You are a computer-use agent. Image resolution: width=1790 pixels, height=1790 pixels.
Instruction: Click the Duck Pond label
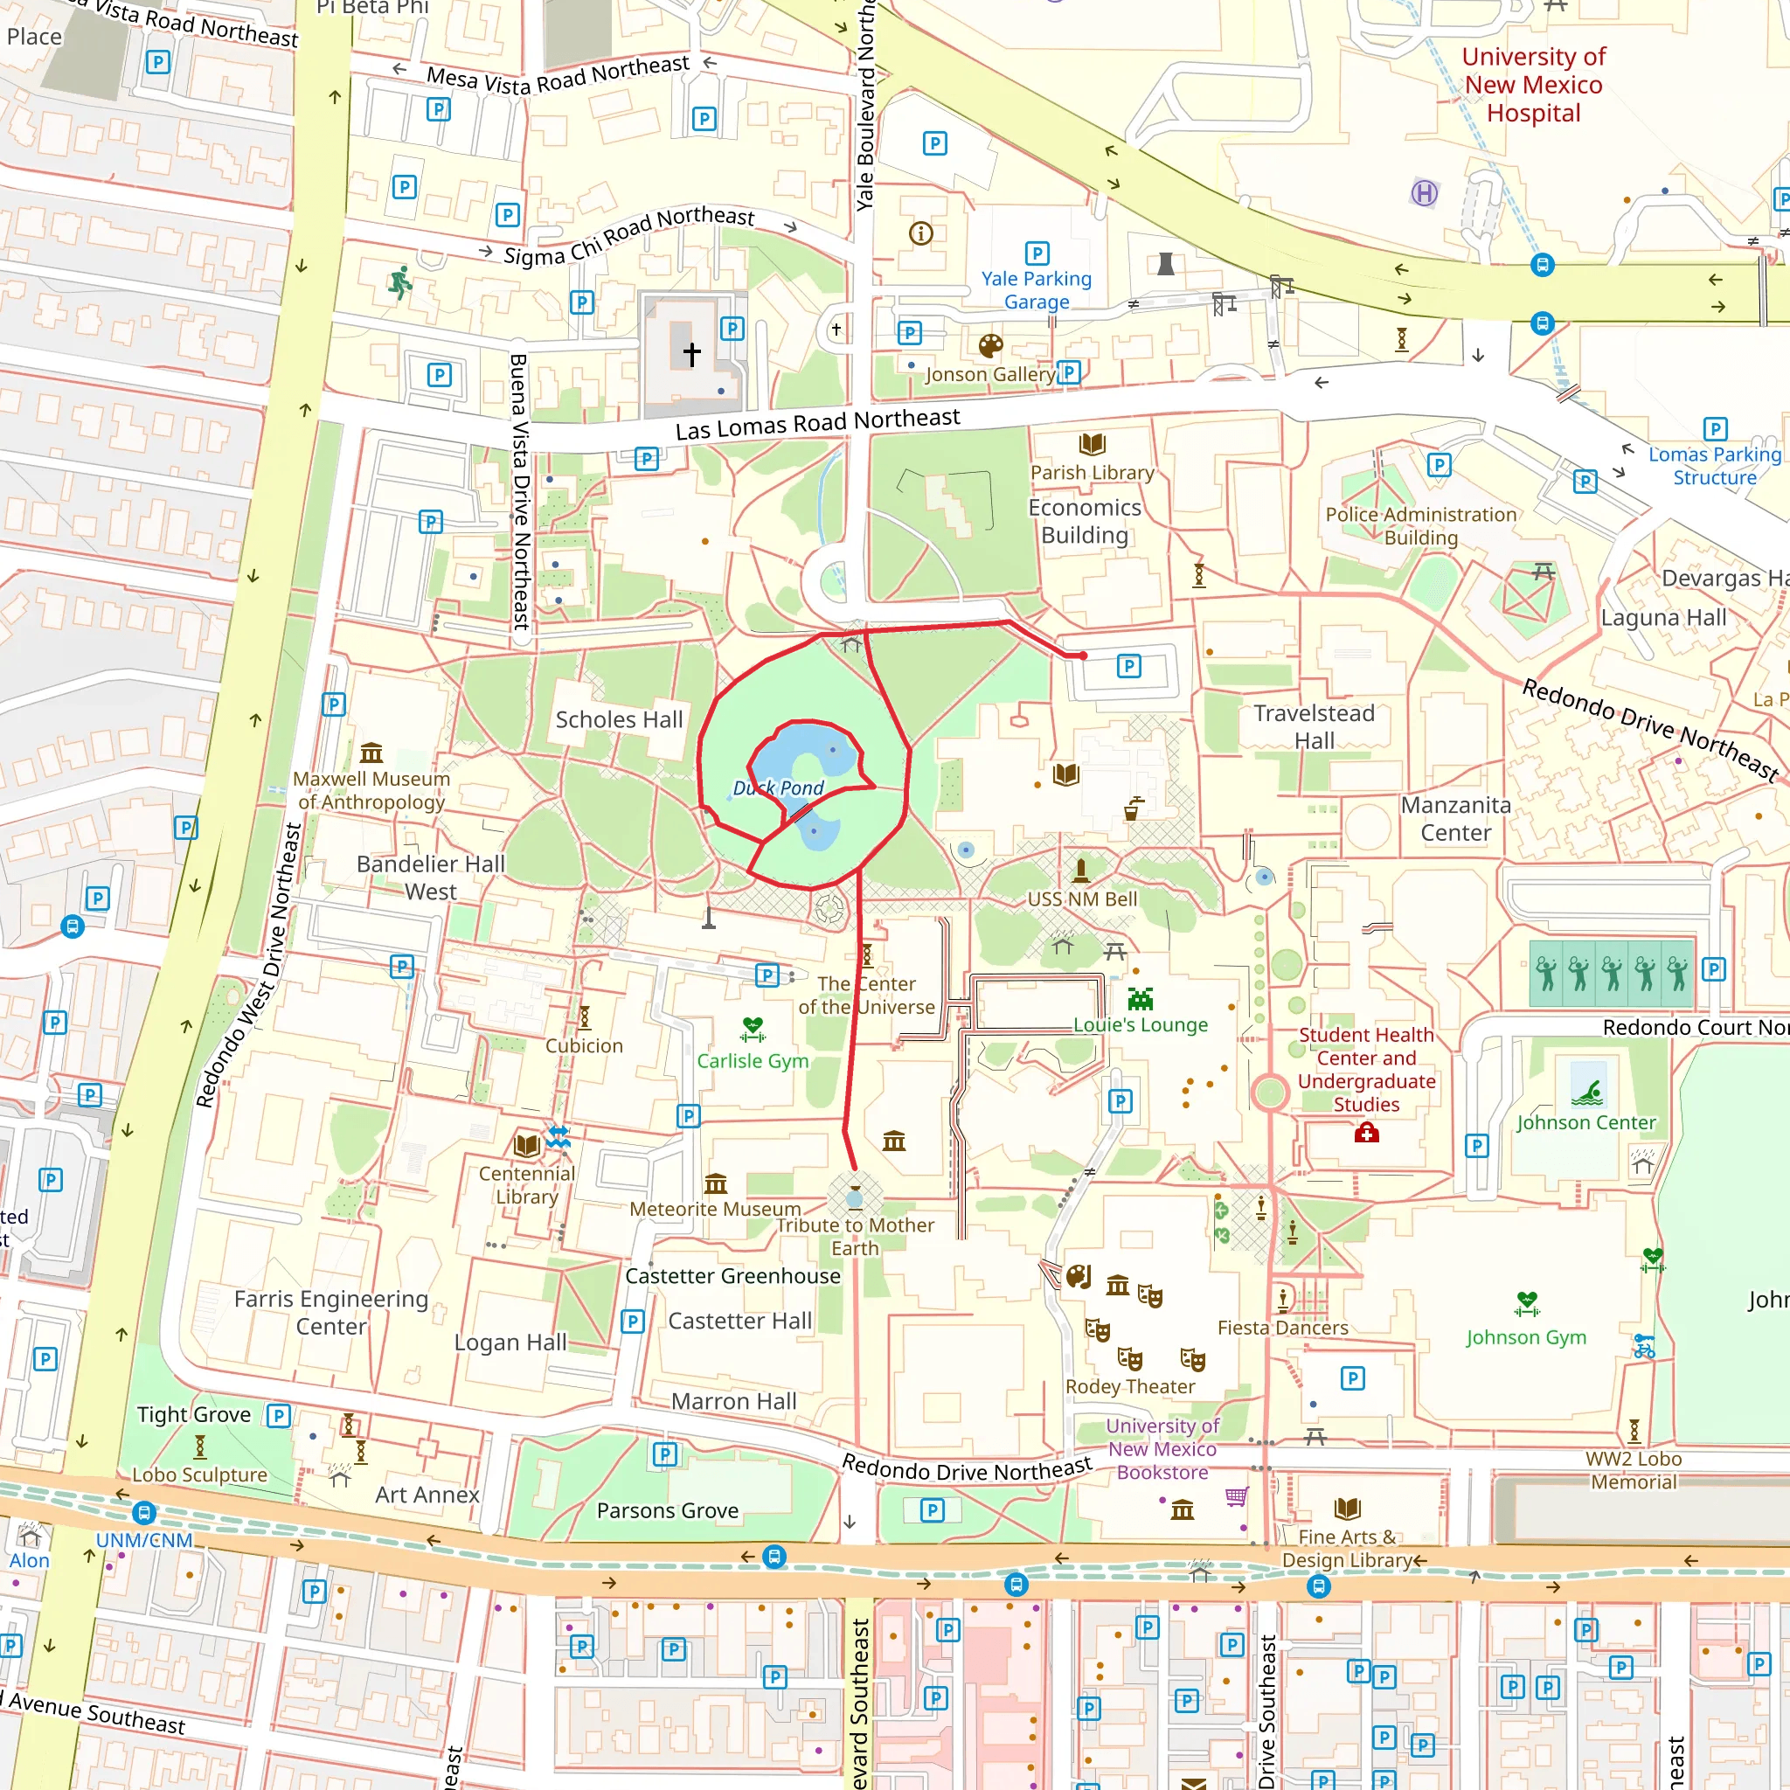tap(778, 788)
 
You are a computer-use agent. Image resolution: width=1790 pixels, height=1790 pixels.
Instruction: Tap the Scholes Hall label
tap(619, 720)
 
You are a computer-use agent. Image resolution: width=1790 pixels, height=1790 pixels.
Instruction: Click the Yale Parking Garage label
tap(1036, 290)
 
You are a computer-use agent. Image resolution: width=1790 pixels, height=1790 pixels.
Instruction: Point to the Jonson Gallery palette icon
tap(990, 346)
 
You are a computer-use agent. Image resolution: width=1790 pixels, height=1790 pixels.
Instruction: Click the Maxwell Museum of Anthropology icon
tap(371, 752)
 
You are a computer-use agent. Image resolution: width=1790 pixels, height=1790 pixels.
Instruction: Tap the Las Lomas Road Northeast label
tap(817, 424)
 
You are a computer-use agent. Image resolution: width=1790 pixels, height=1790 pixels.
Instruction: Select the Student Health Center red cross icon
tap(1367, 1133)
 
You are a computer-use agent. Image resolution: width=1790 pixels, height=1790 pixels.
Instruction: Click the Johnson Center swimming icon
tap(1587, 1093)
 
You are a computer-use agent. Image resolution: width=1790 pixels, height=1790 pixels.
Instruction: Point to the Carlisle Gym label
tap(753, 1061)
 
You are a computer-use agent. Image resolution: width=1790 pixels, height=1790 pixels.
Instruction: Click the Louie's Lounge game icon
tap(1141, 1000)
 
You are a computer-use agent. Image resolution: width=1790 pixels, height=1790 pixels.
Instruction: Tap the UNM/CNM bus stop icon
tap(143, 1514)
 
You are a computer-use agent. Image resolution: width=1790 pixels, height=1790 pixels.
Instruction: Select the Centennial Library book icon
tap(526, 1146)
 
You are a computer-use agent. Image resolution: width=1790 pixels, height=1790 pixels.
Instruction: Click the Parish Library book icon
tap(1093, 445)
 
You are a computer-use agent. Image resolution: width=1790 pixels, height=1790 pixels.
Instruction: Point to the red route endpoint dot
tap(1083, 656)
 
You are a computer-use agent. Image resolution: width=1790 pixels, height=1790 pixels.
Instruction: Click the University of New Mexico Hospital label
tap(1533, 86)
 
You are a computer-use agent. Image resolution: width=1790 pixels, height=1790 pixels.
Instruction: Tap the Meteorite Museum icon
tap(715, 1184)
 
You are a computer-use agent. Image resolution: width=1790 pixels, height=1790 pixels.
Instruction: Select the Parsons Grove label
tap(667, 1511)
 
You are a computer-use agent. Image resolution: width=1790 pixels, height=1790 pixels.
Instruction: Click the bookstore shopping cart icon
tap(1236, 1497)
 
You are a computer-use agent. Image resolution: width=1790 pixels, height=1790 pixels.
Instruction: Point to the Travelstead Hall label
tap(1314, 726)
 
